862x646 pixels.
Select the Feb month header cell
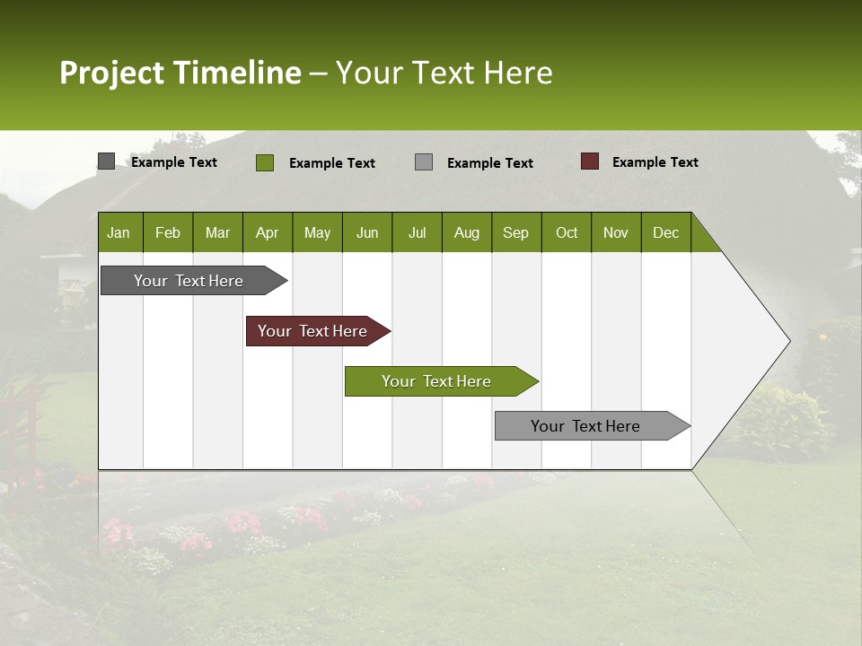(168, 232)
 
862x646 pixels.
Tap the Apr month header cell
(268, 232)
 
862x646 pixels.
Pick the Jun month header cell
(367, 232)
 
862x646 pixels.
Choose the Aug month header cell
(467, 232)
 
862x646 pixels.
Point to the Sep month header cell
(516, 232)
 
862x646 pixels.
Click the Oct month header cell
(567, 232)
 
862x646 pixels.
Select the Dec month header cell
(666, 232)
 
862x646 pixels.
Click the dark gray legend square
(106, 161)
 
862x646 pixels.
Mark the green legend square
(265, 162)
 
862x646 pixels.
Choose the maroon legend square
(590, 161)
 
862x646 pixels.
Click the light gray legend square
(424, 162)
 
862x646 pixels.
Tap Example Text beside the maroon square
(655, 162)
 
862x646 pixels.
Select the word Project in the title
(112, 73)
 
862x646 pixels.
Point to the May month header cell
(317, 232)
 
